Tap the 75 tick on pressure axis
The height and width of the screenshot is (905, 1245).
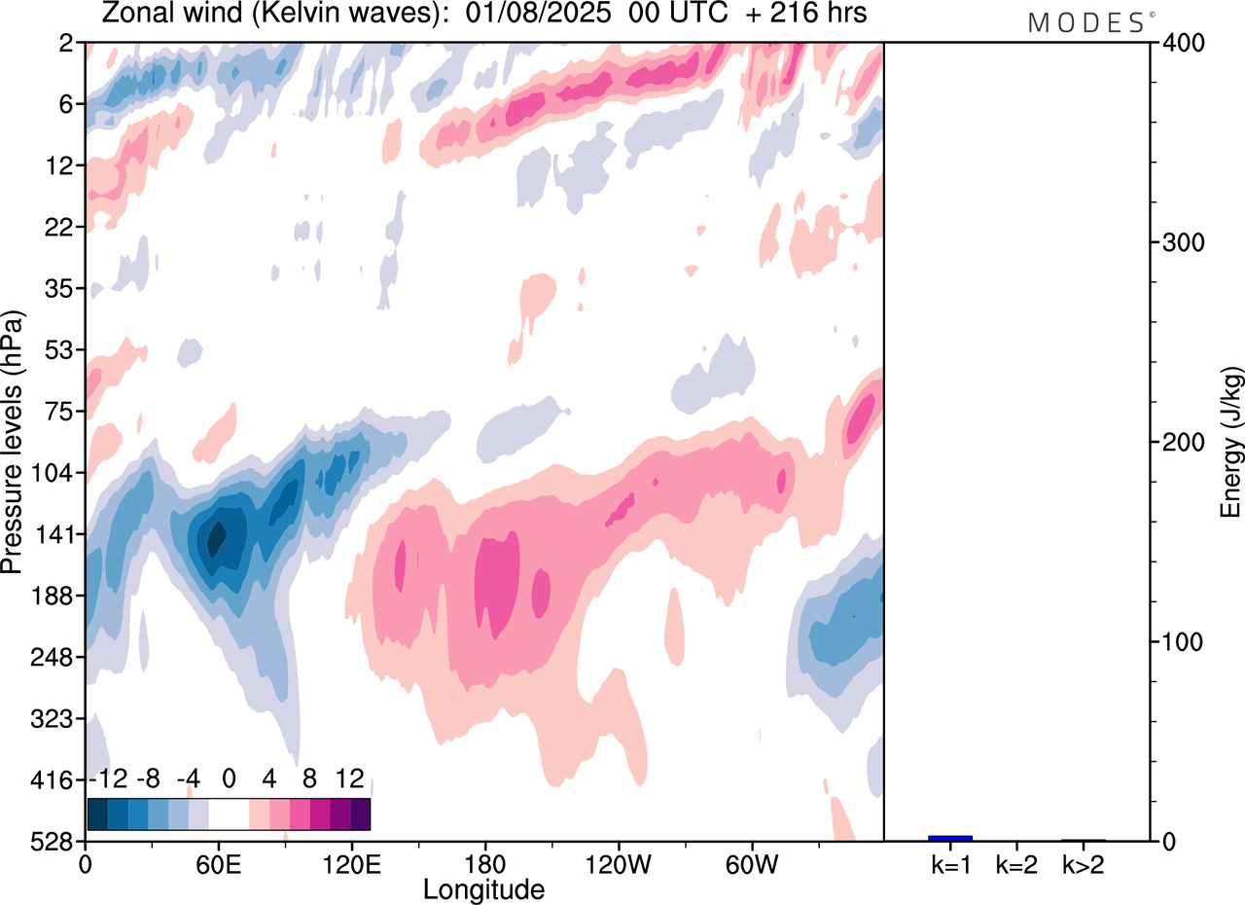[65, 411]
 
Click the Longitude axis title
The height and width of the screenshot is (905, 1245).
[483, 888]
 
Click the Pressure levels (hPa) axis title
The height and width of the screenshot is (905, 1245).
[13, 442]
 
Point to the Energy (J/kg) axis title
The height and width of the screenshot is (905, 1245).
[1231, 442]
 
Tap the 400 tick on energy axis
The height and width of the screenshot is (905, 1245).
[1181, 43]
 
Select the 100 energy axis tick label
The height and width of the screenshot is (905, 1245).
[1181, 642]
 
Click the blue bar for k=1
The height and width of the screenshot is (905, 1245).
[950, 838]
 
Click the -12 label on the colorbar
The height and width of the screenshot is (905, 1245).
[107, 779]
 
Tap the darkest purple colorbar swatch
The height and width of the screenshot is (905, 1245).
[360, 814]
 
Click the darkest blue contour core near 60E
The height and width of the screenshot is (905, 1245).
[217, 536]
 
